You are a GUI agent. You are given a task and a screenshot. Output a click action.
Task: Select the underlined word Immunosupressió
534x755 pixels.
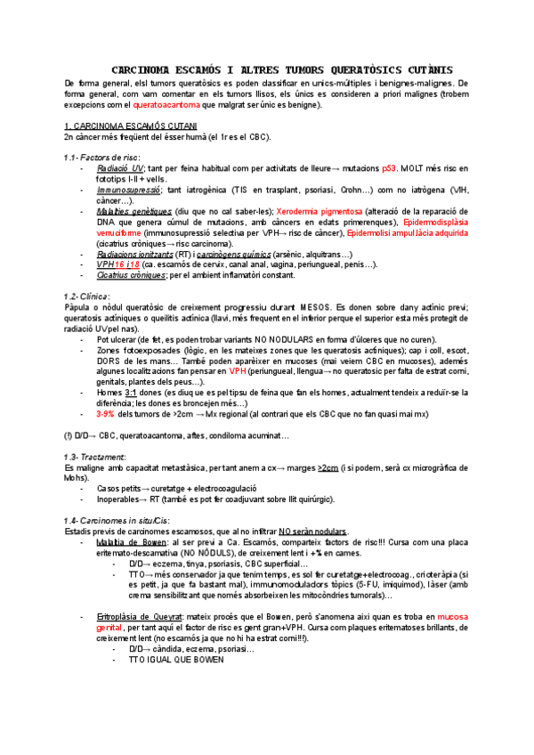click(x=128, y=190)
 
